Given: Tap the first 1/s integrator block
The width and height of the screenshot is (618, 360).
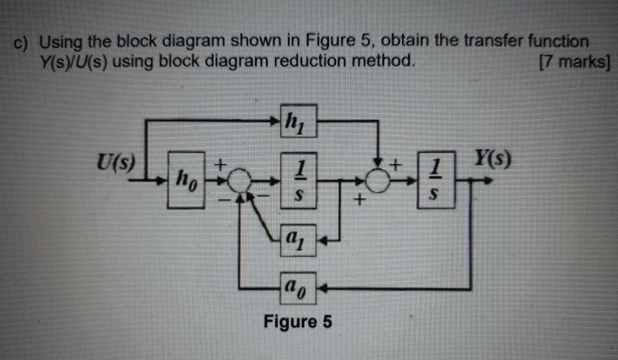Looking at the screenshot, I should click(298, 181).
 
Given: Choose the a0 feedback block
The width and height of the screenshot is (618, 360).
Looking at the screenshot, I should click(298, 289).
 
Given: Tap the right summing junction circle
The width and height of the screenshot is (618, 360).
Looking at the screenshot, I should click(377, 182).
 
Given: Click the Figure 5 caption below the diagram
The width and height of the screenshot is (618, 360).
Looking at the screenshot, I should click(298, 321).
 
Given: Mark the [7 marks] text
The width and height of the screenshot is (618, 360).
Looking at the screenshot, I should click(574, 62).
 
